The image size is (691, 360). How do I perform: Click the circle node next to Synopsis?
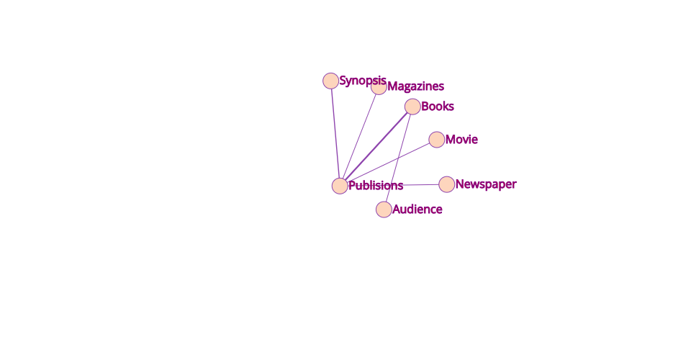click(330, 81)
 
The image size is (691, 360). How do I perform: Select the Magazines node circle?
click(379, 87)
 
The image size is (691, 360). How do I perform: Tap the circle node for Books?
click(412, 106)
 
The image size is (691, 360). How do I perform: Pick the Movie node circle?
click(437, 140)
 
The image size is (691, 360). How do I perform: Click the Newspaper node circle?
click(447, 184)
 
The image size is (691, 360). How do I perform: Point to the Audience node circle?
click(384, 210)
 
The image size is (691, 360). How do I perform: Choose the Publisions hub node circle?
click(340, 186)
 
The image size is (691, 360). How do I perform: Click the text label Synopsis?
click(363, 81)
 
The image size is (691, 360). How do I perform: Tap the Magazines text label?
click(415, 86)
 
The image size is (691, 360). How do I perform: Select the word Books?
click(438, 106)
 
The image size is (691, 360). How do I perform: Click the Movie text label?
click(461, 139)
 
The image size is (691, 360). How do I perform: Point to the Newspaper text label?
click(486, 184)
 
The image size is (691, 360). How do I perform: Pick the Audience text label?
click(417, 210)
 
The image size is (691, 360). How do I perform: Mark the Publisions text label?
click(376, 186)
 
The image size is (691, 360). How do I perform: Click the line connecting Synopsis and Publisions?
click(335, 133)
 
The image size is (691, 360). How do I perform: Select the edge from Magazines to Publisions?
click(359, 136)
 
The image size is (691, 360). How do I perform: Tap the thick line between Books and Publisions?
click(376, 146)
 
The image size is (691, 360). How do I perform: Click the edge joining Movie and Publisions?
click(388, 163)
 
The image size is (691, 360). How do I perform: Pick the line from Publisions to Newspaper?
click(394, 185)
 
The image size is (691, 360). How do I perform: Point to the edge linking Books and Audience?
click(398, 158)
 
